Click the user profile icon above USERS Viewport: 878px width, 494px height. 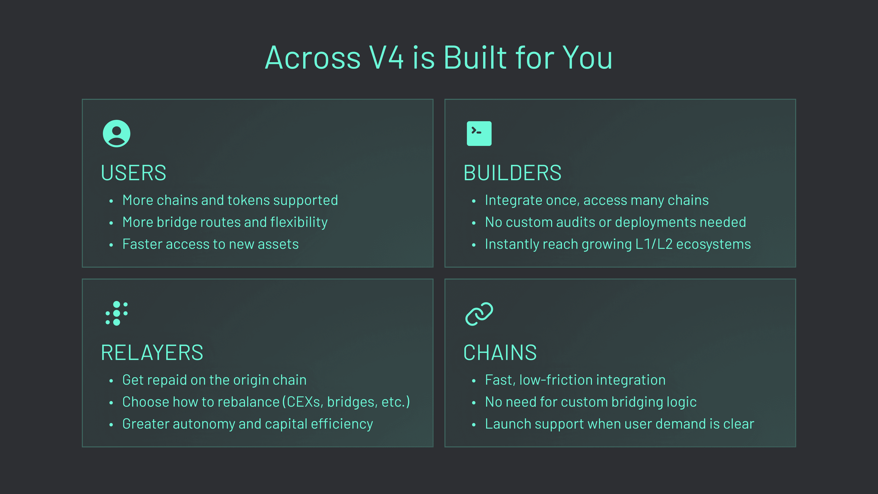(117, 134)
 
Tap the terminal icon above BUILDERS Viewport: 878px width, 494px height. (479, 134)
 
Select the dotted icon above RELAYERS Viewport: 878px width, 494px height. (117, 313)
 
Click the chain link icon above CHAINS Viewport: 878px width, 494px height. (479, 314)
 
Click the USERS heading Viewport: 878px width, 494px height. (134, 173)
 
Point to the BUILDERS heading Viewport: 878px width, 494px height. (512, 173)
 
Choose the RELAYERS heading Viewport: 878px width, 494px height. (152, 352)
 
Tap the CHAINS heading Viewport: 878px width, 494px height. (500, 352)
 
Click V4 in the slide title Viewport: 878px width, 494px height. (386, 58)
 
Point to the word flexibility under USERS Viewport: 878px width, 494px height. (299, 222)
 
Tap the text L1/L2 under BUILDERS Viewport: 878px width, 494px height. (654, 244)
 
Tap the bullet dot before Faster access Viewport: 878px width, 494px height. (111, 245)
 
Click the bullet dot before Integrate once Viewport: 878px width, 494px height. (474, 201)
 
